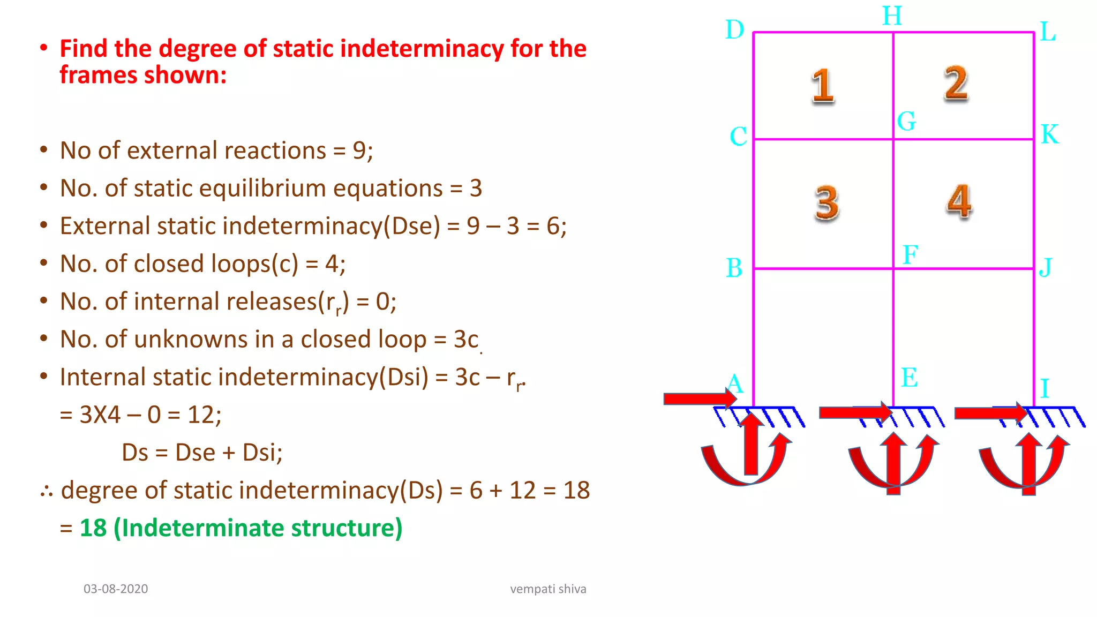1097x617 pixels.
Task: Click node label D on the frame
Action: tap(734, 30)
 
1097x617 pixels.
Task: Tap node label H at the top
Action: tap(892, 16)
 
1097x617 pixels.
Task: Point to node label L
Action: tap(1048, 32)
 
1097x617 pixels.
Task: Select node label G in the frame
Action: tap(906, 121)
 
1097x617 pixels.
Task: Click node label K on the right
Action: tap(1050, 134)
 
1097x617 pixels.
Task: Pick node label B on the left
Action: tap(734, 268)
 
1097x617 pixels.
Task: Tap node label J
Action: tap(1046, 267)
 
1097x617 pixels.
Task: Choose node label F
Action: tap(910, 254)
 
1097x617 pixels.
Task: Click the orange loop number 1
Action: tap(823, 86)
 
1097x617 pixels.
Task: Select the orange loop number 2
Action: tap(956, 84)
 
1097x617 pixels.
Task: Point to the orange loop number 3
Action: tap(826, 203)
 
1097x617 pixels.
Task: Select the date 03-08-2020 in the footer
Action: tap(116, 589)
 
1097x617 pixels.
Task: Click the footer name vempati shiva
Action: tap(548, 589)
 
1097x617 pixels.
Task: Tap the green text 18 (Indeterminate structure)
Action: tap(241, 528)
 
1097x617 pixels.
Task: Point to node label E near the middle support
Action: tap(909, 378)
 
